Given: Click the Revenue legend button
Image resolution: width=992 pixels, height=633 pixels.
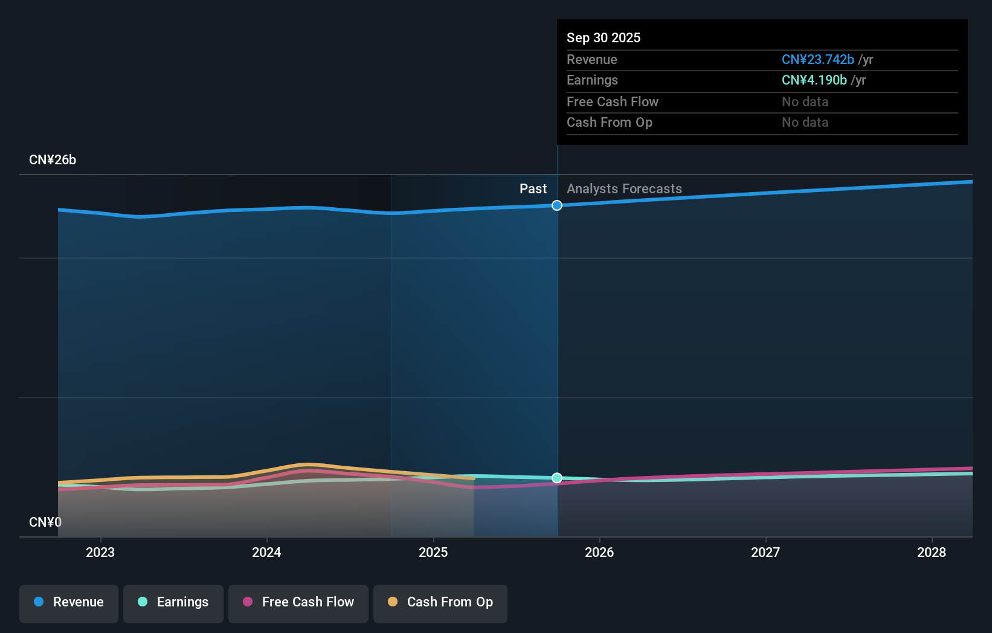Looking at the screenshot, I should click(69, 602).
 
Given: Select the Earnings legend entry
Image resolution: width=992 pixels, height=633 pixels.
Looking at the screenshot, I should click(173, 602).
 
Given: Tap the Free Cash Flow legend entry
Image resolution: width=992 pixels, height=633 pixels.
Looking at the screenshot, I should click(298, 602).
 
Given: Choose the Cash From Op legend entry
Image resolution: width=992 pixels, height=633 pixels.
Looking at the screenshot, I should click(440, 602).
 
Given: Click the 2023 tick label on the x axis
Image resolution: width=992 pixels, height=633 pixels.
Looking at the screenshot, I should click(100, 552).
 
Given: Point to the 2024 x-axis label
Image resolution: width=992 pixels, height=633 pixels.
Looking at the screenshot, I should click(266, 552).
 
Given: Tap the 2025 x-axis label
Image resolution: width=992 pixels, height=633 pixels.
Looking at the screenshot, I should click(433, 552).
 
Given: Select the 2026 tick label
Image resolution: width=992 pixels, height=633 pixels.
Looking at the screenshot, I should click(599, 552).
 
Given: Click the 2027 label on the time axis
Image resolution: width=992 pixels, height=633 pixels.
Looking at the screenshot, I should click(765, 552).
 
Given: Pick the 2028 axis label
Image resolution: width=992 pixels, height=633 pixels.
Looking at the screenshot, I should click(932, 552).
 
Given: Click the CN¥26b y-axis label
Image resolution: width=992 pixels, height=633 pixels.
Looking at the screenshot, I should click(53, 160).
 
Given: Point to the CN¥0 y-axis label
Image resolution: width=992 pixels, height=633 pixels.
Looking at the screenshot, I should click(45, 522).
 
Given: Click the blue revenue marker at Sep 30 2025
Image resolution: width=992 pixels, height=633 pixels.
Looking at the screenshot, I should click(557, 205).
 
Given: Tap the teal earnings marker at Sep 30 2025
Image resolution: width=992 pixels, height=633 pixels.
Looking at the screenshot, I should click(557, 478).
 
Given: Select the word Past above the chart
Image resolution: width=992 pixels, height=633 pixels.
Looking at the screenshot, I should click(533, 189).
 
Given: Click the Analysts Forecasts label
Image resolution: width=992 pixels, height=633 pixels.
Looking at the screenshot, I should click(624, 189).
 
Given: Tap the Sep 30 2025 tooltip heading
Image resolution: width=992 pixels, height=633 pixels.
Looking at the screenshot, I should click(604, 37).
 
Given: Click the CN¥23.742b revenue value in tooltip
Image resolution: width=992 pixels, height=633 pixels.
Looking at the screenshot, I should click(817, 59).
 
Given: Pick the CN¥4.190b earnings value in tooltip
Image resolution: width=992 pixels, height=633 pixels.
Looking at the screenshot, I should click(814, 80).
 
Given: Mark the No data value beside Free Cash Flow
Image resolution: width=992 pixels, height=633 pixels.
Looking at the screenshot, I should click(805, 101).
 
